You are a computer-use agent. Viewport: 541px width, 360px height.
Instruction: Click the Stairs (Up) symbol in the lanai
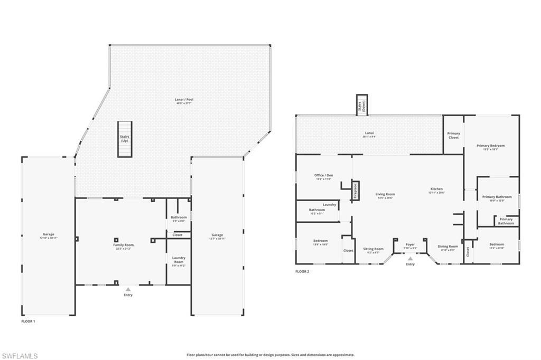(124, 139)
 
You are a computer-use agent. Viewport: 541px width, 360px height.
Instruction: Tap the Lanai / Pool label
(181, 101)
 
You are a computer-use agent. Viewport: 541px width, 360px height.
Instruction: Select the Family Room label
(124, 247)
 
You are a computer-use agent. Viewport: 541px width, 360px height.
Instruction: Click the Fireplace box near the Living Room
(356, 191)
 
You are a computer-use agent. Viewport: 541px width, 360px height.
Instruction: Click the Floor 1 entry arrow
(127, 289)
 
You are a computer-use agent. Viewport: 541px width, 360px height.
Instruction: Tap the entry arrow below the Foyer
(411, 258)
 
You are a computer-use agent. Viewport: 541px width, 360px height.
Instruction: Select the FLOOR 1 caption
(28, 321)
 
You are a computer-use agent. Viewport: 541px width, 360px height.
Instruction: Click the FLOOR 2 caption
(302, 272)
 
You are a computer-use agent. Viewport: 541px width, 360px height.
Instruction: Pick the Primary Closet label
(453, 135)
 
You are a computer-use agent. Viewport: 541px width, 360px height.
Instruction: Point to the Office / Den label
(323, 177)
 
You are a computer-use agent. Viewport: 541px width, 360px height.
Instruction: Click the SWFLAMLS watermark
(20, 356)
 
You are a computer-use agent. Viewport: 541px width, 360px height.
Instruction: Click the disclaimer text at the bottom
(270, 355)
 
